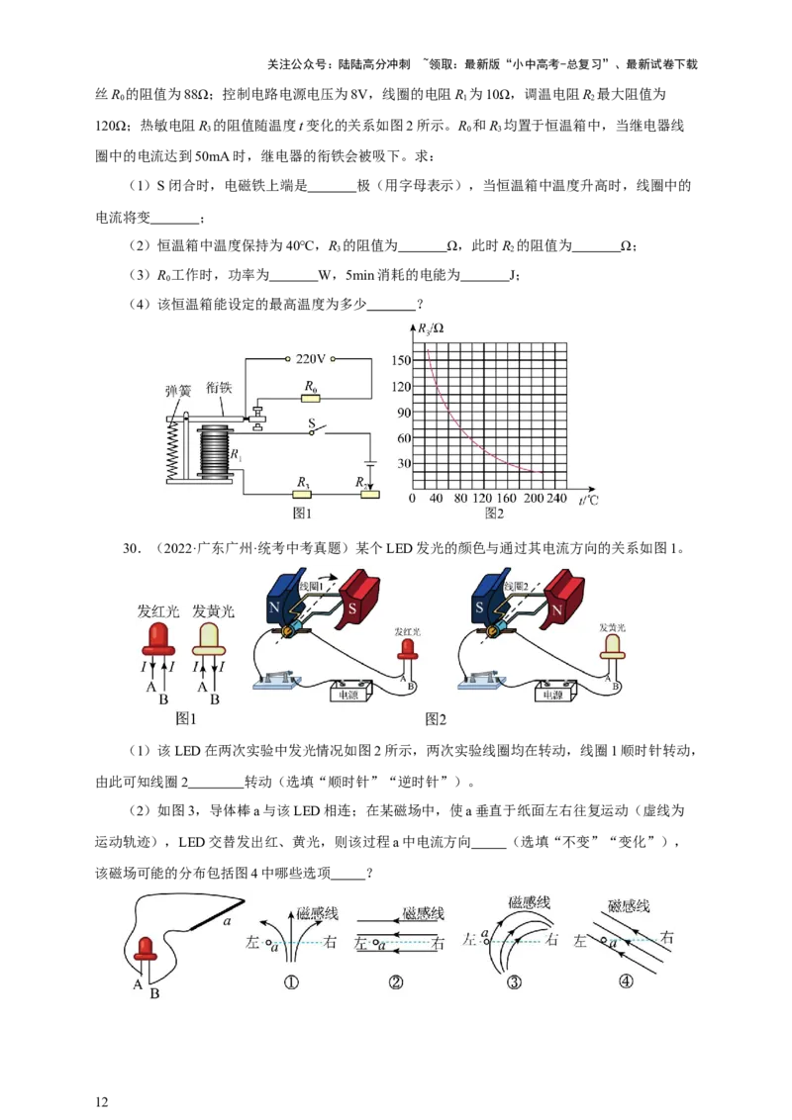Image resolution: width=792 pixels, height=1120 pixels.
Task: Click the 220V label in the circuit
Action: (310, 358)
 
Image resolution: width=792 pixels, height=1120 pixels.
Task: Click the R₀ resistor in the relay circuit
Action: (310, 397)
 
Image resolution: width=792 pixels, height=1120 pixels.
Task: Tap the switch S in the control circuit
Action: (316, 430)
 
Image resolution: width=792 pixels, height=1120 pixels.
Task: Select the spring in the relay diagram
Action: (172, 451)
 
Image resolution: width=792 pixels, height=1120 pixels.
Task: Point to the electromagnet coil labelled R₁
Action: (215, 453)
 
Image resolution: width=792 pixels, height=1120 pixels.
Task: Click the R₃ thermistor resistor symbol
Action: (303, 495)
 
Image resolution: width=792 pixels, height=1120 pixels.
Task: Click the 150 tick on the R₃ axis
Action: (400, 361)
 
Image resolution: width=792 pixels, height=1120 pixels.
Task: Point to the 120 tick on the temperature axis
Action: (482, 498)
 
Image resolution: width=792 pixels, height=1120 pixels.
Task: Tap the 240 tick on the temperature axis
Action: (556, 498)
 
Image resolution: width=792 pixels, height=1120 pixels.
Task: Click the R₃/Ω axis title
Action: (431, 328)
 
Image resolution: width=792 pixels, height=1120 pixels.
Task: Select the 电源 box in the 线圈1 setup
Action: (349, 692)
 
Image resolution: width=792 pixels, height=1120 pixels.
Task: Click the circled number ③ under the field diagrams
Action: (514, 982)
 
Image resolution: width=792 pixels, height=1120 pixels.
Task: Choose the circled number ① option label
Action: (291, 982)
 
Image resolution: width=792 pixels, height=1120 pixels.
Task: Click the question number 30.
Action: (131, 548)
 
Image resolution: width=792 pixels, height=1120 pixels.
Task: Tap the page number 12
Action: (102, 1101)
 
